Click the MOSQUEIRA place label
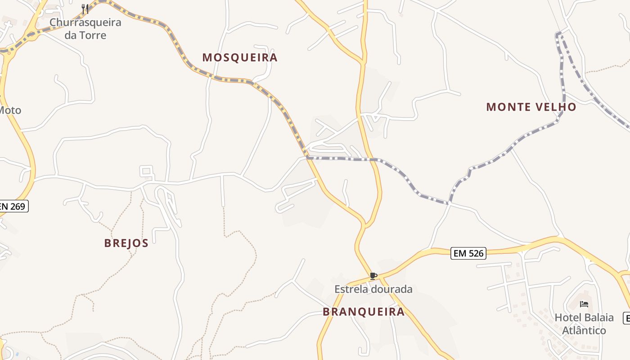tap(239, 58)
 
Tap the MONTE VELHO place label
tap(531, 107)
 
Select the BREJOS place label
tap(126, 243)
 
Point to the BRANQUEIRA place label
tap(364, 312)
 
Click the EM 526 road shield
tap(468, 253)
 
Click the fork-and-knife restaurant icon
tap(85, 9)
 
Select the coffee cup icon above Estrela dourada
tap(373, 276)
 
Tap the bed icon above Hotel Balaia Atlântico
tap(584, 304)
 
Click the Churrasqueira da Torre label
tap(85, 29)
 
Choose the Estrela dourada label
tap(373, 289)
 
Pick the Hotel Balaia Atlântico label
tap(584, 324)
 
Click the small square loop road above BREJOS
tap(146, 171)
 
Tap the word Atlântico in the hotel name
tap(584, 330)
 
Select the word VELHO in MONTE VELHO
tap(556, 107)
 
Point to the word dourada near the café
tap(391, 289)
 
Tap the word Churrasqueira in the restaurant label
tap(85, 22)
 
